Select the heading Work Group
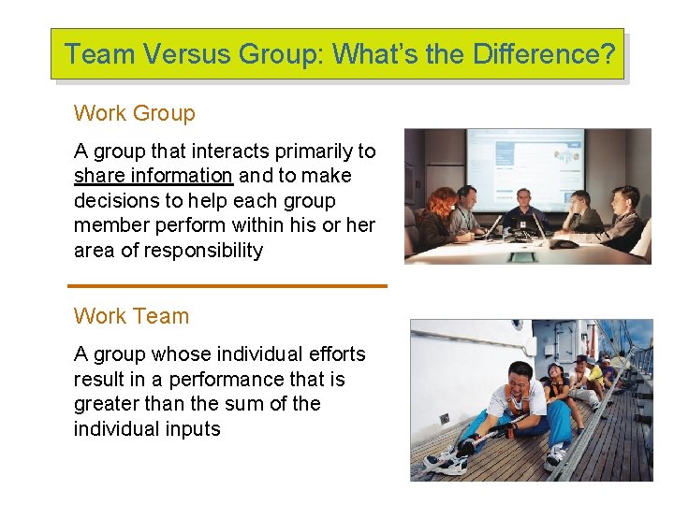coord(134,114)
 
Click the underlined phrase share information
coord(153,176)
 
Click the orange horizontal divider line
coord(227,285)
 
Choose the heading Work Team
coord(131,316)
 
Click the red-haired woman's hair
coord(442,198)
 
